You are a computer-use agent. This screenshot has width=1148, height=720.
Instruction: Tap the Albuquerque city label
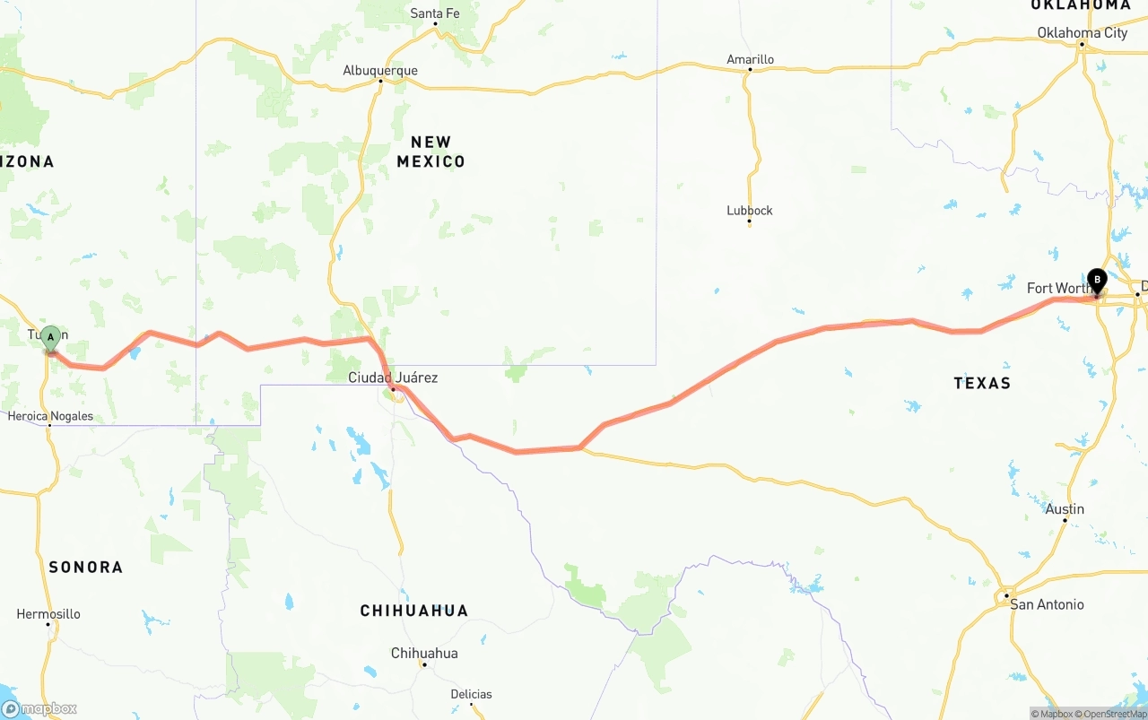[380, 70]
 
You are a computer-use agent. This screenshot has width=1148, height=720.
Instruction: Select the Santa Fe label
[435, 13]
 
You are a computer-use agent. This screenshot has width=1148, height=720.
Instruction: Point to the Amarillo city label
[750, 59]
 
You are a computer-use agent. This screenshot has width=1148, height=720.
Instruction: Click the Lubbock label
[750, 211]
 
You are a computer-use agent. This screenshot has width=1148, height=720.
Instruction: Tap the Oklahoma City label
[1083, 33]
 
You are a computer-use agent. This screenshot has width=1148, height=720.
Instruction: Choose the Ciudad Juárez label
[393, 377]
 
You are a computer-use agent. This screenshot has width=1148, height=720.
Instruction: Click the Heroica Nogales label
[50, 416]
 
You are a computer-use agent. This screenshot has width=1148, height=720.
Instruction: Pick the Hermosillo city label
[48, 614]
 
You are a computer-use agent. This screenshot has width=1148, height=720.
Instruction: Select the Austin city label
[1065, 509]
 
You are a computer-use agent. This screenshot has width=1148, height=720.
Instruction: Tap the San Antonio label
[1047, 604]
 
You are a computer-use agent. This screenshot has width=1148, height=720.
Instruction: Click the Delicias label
[471, 694]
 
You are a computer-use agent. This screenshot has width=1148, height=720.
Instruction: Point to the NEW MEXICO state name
[431, 152]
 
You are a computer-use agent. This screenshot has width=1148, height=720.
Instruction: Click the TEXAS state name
[982, 383]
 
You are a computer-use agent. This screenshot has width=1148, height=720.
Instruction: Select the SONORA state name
[86, 567]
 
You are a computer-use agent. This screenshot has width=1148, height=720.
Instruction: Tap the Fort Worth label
[1058, 288]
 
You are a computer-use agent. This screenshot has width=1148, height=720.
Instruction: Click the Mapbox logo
[39, 708]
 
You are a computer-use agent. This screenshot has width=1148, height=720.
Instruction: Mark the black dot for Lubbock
[750, 222]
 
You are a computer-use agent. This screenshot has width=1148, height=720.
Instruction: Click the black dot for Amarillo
[750, 70]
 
